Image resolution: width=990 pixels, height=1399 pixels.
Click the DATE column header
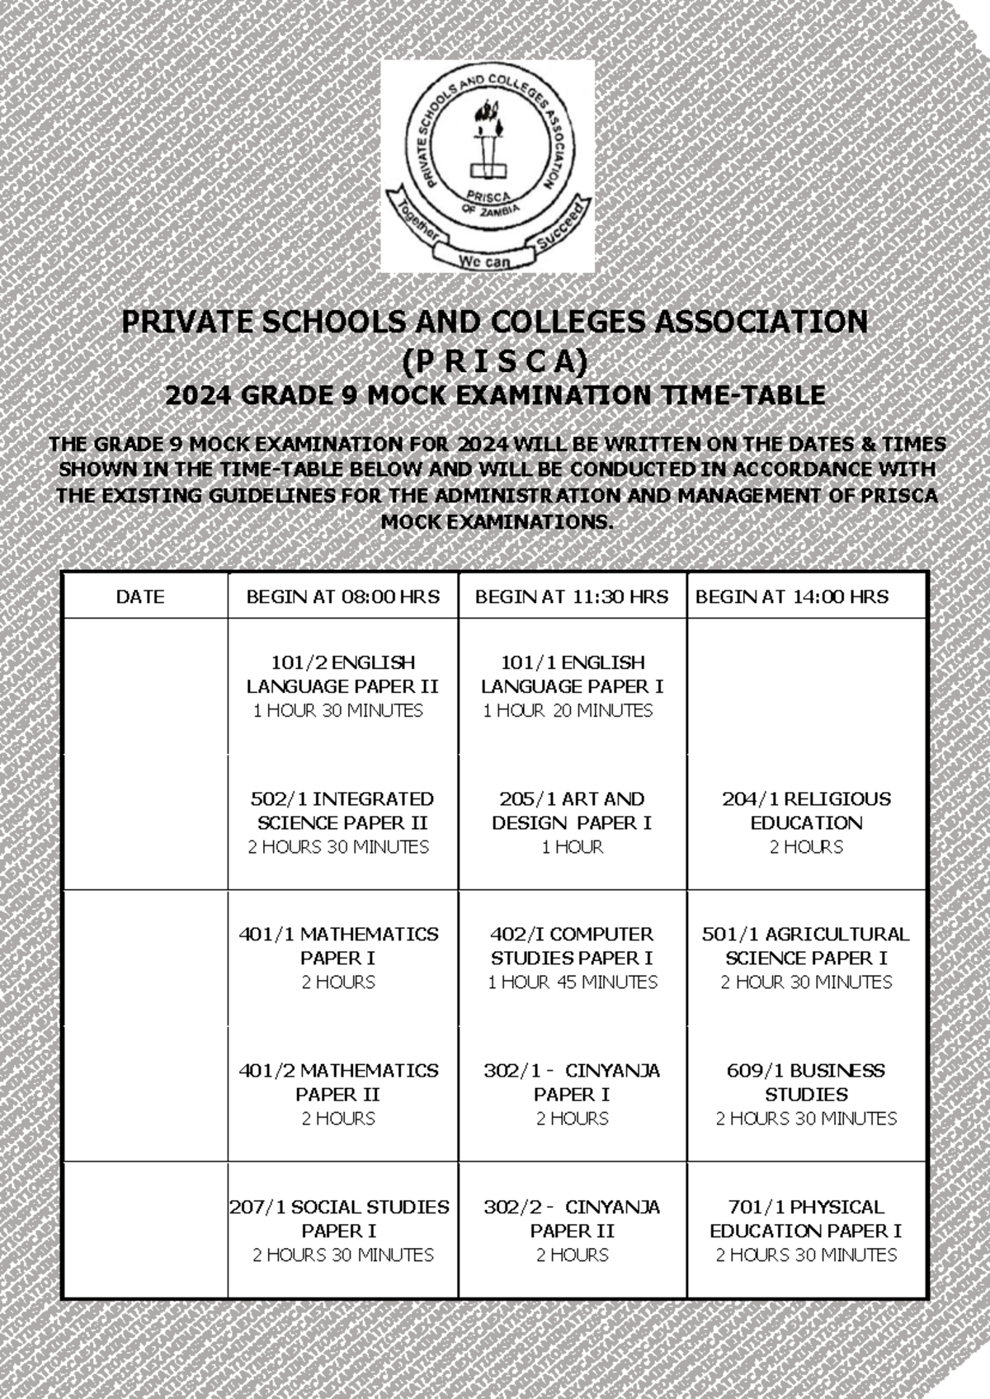click(140, 596)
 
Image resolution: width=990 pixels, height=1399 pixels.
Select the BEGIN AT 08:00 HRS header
click(342, 596)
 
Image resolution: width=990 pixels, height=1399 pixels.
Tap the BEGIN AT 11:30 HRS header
click(572, 596)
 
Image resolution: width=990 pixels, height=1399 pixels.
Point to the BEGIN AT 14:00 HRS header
click(792, 596)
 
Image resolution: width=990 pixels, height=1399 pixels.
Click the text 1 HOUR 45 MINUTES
click(572, 982)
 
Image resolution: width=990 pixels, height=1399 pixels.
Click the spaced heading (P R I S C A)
click(494, 360)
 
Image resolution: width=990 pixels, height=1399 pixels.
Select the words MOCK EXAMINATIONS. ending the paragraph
click(497, 523)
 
